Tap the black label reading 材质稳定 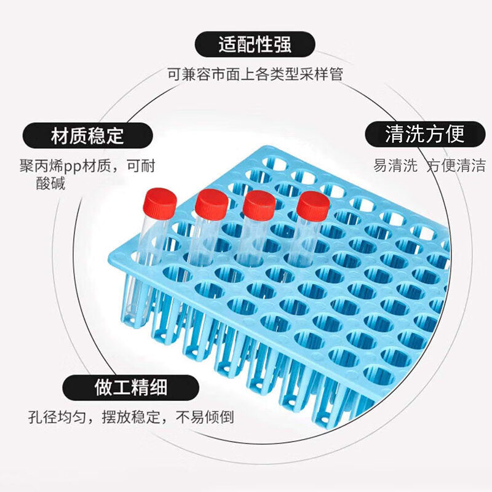[x=87, y=135]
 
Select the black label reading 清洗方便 [x=424, y=133]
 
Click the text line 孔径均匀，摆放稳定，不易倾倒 [x=130, y=418]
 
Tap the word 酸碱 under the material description [x=50, y=183]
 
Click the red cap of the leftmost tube [x=160, y=201]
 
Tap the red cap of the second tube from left [x=212, y=204]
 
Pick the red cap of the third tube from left [x=258, y=205]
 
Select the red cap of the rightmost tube [x=313, y=206]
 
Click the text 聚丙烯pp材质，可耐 [x=87, y=166]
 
